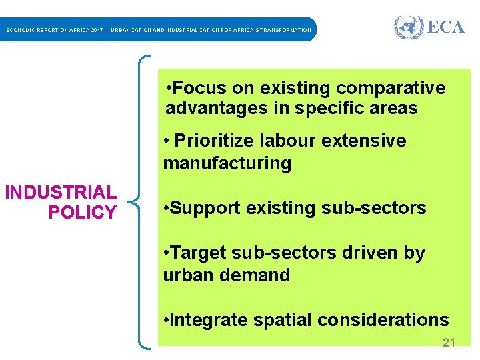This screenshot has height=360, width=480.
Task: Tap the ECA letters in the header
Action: [445, 27]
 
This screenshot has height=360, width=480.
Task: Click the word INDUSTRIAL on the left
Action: [61, 193]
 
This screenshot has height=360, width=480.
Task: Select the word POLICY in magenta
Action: [82, 213]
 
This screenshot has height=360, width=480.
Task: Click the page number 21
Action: [449, 343]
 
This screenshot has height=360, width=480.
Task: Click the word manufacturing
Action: [227, 163]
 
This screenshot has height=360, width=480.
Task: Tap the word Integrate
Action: [208, 320]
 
